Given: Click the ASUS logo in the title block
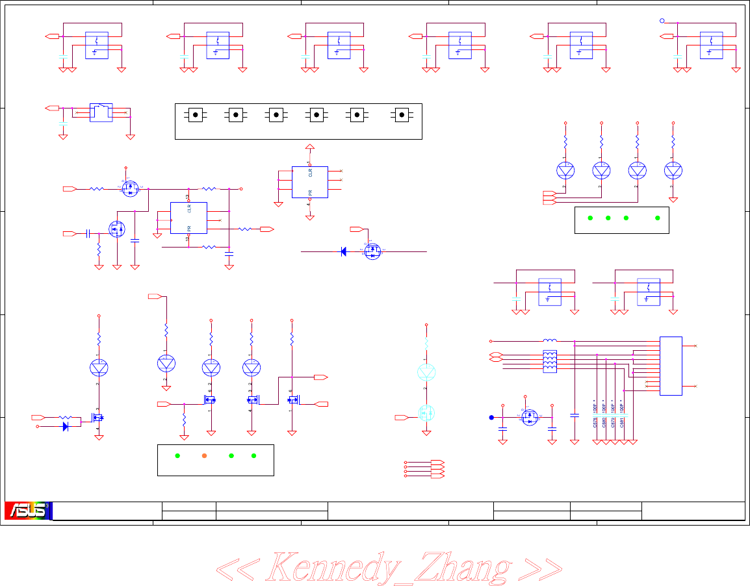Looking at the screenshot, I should [x=28, y=511].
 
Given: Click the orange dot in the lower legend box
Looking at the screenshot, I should [x=204, y=455].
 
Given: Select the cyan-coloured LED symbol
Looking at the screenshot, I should [x=426, y=372].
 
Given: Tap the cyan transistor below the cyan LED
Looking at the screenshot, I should [x=426, y=413].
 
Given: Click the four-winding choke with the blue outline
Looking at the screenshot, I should [x=550, y=362].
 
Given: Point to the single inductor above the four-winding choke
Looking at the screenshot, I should [x=550, y=340].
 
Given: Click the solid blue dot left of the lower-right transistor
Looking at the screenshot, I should [x=491, y=417].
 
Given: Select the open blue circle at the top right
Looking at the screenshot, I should [x=662, y=20].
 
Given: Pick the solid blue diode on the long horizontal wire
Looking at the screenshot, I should [x=344, y=251].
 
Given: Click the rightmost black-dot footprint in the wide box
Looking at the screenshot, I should [x=402, y=115].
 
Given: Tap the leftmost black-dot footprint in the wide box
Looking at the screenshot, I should [x=196, y=115].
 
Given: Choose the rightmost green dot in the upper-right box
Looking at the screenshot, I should [x=658, y=218].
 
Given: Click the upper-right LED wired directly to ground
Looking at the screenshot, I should [x=673, y=170].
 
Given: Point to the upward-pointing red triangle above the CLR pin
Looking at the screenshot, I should [x=310, y=147].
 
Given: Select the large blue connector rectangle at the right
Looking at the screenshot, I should [x=671, y=366].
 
